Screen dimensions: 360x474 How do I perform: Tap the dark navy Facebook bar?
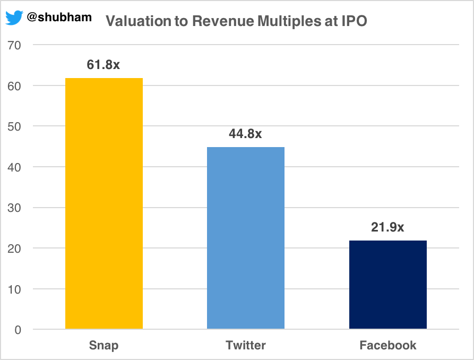[x=387, y=285]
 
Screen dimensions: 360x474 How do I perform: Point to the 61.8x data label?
[x=104, y=65]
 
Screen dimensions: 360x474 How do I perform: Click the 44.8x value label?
[x=245, y=134]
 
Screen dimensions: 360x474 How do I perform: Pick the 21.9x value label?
[x=387, y=227]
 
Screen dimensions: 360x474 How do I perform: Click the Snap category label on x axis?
[x=104, y=346]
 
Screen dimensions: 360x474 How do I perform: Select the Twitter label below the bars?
[x=245, y=346]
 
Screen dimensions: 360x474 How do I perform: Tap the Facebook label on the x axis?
[x=387, y=346]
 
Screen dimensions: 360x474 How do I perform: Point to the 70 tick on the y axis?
[x=14, y=45]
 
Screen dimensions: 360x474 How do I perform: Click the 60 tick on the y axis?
[x=14, y=85]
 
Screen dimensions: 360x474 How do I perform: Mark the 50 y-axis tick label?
[x=14, y=126]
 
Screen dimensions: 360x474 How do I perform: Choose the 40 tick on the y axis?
[x=14, y=167]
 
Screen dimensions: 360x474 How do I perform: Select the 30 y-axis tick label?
[x=14, y=208]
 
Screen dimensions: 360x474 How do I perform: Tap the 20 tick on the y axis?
[x=14, y=248]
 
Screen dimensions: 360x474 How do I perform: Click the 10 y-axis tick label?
[x=14, y=289]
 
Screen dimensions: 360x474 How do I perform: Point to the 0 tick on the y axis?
[x=18, y=330]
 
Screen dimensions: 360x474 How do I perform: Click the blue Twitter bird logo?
[x=14, y=18]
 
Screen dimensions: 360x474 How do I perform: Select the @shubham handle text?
[x=59, y=18]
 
